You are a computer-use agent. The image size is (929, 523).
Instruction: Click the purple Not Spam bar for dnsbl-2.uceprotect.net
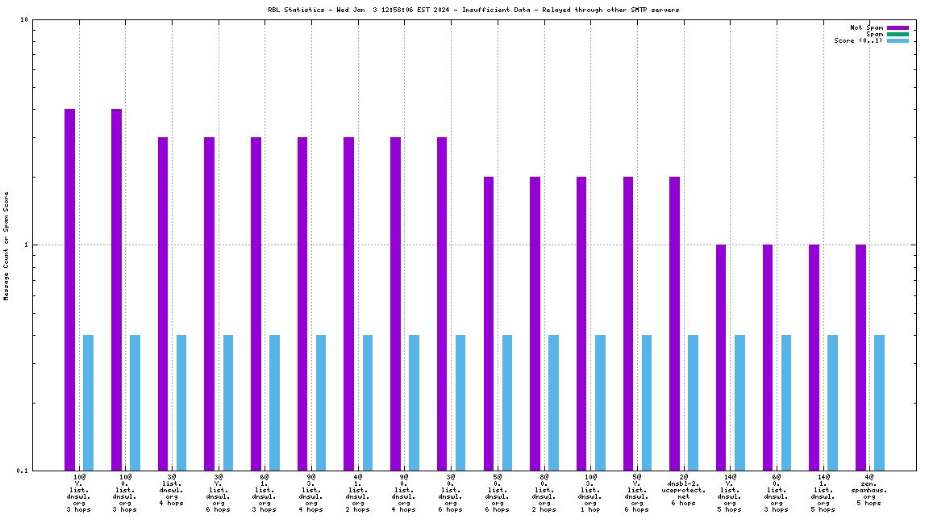(674, 323)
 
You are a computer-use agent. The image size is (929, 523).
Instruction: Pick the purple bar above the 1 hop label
(581, 323)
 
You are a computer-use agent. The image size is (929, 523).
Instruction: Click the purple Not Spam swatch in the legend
(898, 27)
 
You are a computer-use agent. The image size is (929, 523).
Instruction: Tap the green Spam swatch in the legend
(898, 34)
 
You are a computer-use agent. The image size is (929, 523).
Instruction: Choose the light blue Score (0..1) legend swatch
(898, 40)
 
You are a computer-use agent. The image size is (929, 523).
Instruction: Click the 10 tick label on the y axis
(23, 20)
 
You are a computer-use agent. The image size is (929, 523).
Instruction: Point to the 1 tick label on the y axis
(26, 245)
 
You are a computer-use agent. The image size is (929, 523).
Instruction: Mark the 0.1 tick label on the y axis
(22, 471)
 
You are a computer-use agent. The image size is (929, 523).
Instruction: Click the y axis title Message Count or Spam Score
(6, 245)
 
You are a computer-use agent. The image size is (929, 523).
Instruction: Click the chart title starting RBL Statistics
(473, 10)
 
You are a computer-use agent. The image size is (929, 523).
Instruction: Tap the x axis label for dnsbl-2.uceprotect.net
(683, 490)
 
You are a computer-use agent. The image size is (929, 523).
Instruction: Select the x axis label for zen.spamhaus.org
(869, 490)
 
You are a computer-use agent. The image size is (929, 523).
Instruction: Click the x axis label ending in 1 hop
(590, 493)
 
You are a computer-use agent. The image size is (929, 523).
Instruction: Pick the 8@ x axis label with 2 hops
(544, 493)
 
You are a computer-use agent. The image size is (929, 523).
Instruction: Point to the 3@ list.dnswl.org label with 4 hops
(172, 490)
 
